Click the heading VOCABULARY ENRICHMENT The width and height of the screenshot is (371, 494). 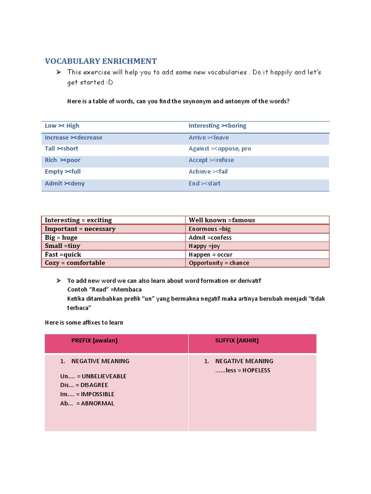(100, 61)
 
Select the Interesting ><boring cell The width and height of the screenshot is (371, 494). (217, 126)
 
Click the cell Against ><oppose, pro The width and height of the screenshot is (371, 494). (220, 149)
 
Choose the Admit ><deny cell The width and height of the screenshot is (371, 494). (64, 183)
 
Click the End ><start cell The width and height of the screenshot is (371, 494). (204, 183)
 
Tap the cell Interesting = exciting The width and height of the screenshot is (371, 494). (78, 220)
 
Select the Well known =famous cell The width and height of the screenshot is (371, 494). (222, 220)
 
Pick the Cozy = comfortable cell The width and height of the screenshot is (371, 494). (74, 263)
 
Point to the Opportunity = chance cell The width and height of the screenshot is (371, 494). (219, 263)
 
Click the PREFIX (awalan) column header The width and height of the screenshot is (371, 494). (95, 341)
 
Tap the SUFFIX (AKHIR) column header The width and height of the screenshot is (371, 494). (237, 341)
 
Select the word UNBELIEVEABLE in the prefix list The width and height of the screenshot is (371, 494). (104, 376)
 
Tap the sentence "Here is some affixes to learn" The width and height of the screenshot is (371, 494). (84, 323)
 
